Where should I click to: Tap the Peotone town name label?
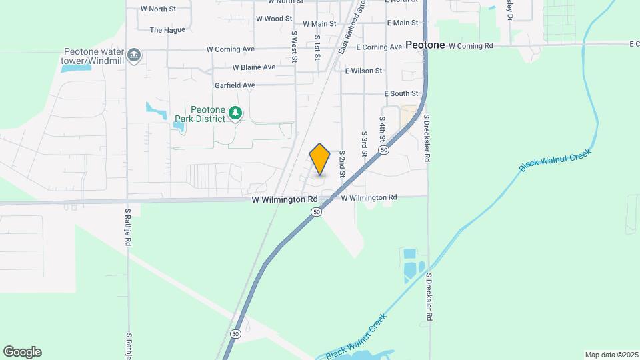[x=425, y=45]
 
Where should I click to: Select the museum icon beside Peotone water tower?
[x=135, y=54]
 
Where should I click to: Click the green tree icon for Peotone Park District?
[x=235, y=113]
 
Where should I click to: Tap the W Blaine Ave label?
[x=253, y=67]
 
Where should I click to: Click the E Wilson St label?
[x=363, y=71]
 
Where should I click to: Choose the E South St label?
[x=401, y=94]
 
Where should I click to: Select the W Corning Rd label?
[x=471, y=46]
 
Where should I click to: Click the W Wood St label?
[x=274, y=19]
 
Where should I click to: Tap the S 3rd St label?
[x=365, y=143]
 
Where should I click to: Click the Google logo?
[x=22, y=352]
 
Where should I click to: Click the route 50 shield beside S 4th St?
[x=384, y=151]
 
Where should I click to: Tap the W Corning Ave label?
[x=231, y=49]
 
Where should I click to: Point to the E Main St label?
[x=401, y=23]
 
